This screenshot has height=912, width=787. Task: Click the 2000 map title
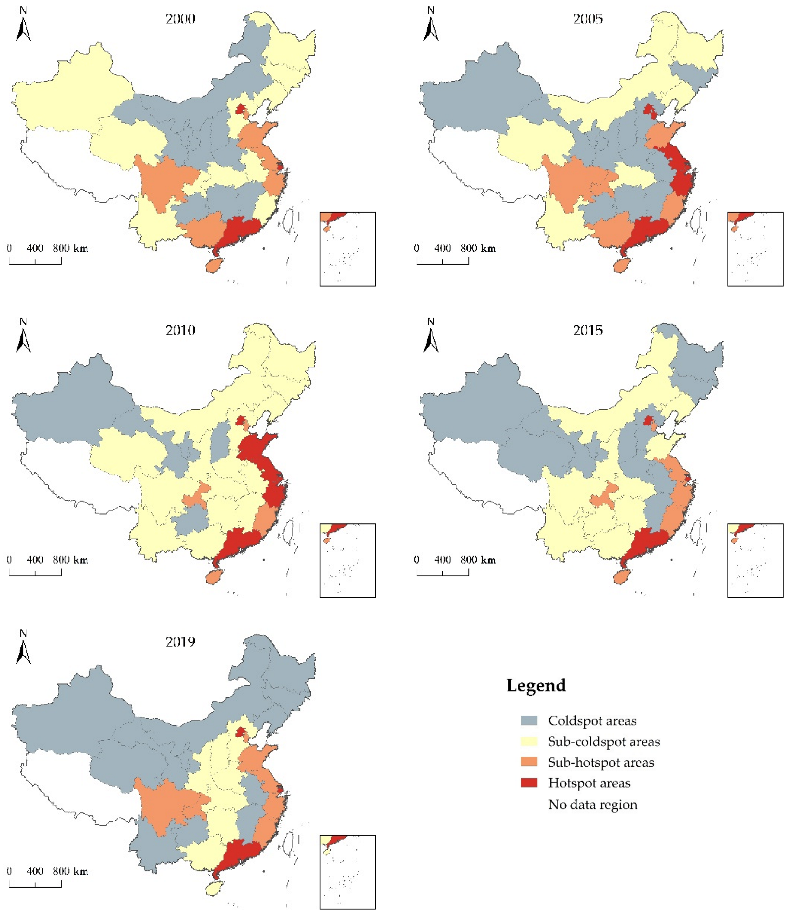click(x=180, y=19)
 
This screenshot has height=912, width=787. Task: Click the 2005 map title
click(x=587, y=19)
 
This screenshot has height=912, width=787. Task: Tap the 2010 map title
click(x=180, y=330)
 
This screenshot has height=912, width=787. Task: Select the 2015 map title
click(x=587, y=330)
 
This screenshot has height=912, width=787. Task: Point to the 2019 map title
click(x=180, y=642)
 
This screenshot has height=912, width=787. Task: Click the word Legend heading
click(x=536, y=685)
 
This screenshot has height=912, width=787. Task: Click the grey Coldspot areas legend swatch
click(x=529, y=721)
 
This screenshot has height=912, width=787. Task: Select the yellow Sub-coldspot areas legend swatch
click(x=529, y=741)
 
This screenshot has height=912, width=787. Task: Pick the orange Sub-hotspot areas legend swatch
click(x=529, y=762)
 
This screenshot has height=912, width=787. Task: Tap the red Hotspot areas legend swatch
click(x=529, y=783)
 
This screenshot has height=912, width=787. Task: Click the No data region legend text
click(x=592, y=804)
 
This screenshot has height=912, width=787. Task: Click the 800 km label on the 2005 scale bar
click(x=478, y=248)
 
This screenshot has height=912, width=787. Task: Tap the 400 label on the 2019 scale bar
click(x=35, y=871)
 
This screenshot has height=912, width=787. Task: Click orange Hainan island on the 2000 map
click(x=214, y=265)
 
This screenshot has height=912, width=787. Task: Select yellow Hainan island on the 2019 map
click(x=214, y=888)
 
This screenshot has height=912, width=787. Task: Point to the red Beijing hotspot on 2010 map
click(x=240, y=421)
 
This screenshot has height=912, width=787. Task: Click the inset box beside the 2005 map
click(x=755, y=249)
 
